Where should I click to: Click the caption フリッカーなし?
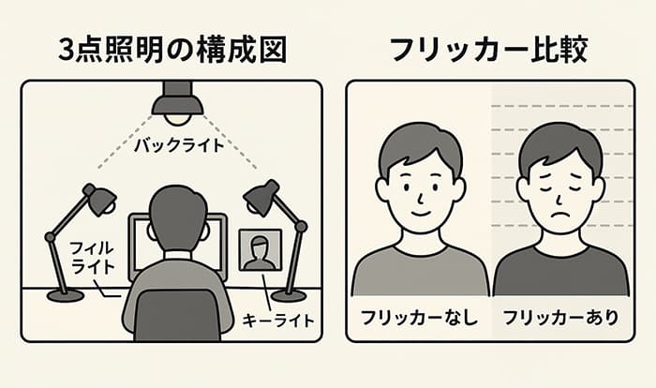(419, 318)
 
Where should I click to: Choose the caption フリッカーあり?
(560, 318)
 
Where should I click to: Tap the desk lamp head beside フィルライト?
(98, 200)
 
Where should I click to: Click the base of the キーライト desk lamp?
(287, 295)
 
